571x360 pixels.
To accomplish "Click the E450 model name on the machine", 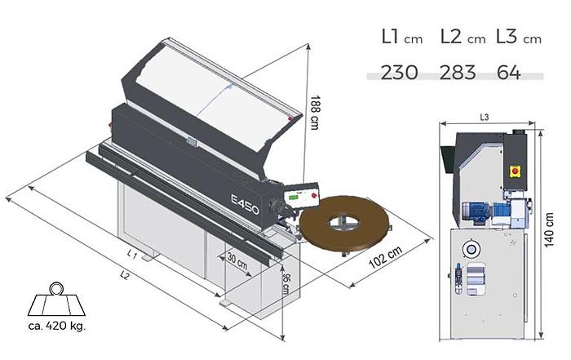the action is coord(245,204).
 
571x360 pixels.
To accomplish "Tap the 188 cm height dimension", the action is coord(314,113).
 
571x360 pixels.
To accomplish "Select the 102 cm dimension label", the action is coord(386,257).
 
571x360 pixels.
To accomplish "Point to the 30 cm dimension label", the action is coord(237,261).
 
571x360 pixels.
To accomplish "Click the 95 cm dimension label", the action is coord(286,284).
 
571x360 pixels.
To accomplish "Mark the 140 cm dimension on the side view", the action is coord(549,229).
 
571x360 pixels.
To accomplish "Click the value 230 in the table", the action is coord(399,72).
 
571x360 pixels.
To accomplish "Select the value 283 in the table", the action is coord(458,72).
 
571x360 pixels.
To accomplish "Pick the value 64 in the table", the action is coord(509,72).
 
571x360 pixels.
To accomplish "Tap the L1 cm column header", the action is coord(402,38).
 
